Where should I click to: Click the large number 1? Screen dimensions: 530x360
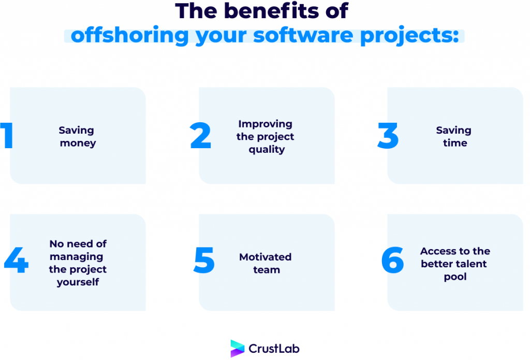coord(7,136)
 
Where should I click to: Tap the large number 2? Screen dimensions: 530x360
coord(200,135)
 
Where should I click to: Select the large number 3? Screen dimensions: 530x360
coord(388,136)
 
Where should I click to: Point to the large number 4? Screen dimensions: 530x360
coord(16,260)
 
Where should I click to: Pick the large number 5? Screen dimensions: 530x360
coord(204,260)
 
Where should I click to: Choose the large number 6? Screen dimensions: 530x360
coord(392,260)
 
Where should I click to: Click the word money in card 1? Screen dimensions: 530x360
coord(78,143)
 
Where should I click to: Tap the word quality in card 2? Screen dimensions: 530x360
coord(267,150)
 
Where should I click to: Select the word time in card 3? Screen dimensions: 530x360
coord(455,143)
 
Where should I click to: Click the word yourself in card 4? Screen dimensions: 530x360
coord(78,282)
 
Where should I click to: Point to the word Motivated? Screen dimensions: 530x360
coord(266,257)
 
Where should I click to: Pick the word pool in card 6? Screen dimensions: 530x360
coord(455,277)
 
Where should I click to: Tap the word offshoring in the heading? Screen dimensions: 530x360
coord(129,36)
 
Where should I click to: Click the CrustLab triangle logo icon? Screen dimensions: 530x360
coord(237,349)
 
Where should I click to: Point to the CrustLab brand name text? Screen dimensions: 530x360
coord(274,349)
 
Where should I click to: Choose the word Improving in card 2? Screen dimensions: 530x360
coord(266,124)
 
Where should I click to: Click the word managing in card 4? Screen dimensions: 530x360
coord(77,257)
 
